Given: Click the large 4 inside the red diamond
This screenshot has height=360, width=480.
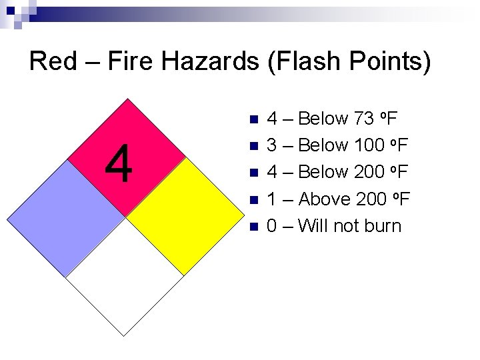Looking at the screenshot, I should [119, 165].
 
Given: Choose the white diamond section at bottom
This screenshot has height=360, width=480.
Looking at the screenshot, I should [125, 277].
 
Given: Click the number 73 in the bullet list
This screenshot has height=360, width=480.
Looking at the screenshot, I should [364, 119].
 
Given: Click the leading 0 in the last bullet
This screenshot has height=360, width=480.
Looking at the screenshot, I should [272, 226].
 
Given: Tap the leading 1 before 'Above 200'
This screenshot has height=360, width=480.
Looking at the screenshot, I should [272, 199].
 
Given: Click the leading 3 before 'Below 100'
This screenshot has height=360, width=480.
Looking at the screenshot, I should [272, 146].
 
